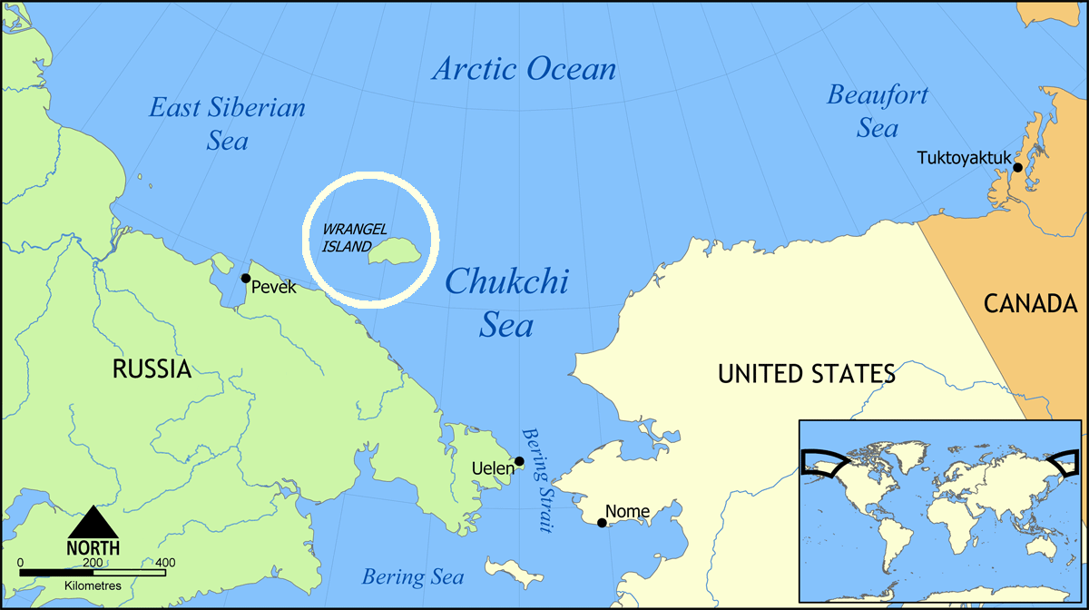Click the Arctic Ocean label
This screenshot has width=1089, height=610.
525,69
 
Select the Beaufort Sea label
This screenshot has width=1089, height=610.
878,111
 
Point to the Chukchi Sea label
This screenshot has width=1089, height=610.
506,302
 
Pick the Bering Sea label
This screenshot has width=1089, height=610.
413,577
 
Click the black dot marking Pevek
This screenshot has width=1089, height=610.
245,278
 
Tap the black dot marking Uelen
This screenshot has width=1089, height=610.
519,461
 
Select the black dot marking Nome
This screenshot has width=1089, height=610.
602,523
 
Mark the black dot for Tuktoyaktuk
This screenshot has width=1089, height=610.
1017,167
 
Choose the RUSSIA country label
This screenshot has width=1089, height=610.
152,369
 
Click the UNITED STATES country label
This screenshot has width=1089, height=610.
806,373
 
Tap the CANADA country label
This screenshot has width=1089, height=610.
1030,305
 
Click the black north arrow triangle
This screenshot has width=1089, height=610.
93,523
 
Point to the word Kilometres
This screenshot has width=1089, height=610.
93,586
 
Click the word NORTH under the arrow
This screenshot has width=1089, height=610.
93,548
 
